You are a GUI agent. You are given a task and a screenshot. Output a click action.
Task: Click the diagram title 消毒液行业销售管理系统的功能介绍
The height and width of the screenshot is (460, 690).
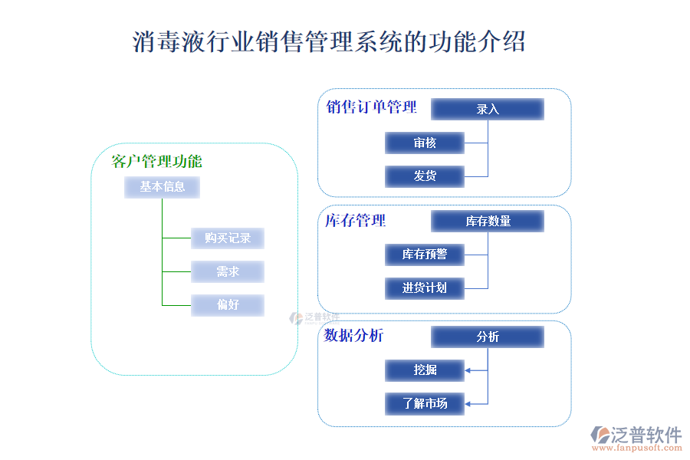(x=329, y=41)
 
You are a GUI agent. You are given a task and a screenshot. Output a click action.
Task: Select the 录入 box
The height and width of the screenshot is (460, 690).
(x=487, y=109)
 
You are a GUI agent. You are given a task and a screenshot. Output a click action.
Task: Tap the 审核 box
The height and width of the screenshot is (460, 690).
(x=425, y=143)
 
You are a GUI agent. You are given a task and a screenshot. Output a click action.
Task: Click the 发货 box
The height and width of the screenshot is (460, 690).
(x=425, y=176)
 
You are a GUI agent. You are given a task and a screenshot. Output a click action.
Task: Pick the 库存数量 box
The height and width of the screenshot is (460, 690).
(x=487, y=222)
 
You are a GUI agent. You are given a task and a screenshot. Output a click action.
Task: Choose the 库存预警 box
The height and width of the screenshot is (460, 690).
(x=425, y=254)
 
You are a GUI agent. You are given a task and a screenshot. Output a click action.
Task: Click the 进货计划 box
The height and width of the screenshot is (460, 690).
(x=425, y=288)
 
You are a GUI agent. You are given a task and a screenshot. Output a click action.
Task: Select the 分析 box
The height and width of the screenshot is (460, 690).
(x=487, y=337)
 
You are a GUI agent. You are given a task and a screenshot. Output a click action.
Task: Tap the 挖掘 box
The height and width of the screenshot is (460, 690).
(x=425, y=370)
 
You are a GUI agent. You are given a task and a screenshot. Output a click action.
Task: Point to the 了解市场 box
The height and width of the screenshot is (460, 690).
(x=425, y=403)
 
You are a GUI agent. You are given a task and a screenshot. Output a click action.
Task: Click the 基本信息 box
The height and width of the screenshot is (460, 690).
(x=162, y=186)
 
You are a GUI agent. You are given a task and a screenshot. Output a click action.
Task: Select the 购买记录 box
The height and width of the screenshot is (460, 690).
(x=228, y=238)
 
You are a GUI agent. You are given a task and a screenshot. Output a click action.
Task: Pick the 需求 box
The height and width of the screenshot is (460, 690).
(x=228, y=271)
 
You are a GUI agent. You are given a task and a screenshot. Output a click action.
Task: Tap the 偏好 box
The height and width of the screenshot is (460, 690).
(x=228, y=305)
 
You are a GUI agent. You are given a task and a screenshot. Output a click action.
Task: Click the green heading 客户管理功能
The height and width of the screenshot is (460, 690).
(x=156, y=161)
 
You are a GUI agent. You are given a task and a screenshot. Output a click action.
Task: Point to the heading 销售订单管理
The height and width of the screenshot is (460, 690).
(x=371, y=107)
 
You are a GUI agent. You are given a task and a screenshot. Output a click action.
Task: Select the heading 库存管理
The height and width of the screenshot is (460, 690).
(x=355, y=221)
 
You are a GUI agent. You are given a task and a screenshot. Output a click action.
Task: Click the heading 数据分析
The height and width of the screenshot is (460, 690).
(x=353, y=335)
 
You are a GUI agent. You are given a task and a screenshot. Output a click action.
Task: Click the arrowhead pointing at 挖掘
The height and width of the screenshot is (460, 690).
(x=468, y=370)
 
